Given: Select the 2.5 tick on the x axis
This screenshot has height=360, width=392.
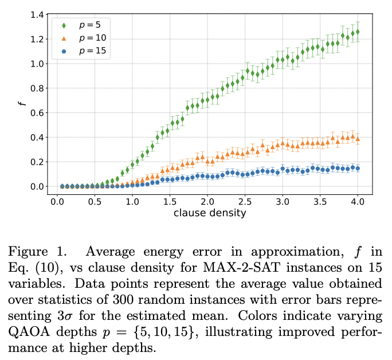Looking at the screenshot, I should (245, 202).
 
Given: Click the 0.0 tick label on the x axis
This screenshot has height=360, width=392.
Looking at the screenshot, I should (57, 202).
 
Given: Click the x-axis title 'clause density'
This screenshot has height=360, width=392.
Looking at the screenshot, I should (207, 213).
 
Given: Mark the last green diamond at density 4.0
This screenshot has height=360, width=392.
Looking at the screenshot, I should (358, 32).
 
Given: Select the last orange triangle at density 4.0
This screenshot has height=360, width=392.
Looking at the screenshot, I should (358, 139).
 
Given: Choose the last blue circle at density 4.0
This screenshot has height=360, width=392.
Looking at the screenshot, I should (358, 168).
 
